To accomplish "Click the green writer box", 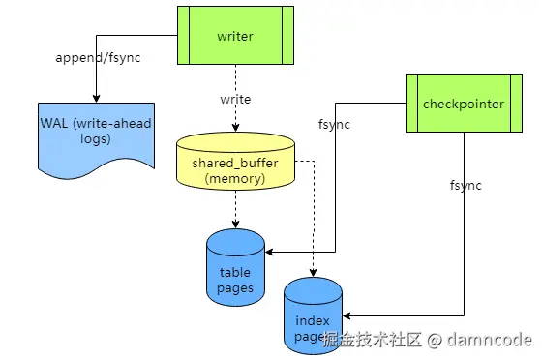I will point(234,36).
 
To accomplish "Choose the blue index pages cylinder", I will point(314,315).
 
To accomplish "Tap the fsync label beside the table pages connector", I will point(335,124).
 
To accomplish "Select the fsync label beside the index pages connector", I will point(466,184).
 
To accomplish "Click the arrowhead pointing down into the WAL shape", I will point(96,97).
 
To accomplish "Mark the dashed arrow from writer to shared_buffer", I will point(235,97).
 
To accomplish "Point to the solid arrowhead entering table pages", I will point(270,252).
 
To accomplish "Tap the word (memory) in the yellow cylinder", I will point(235,178).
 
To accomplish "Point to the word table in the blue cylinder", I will point(235,273).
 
